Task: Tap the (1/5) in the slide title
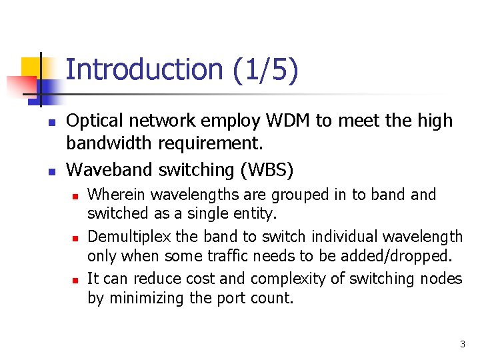(x=265, y=70)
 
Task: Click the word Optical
(x=93, y=121)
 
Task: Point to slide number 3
(x=462, y=344)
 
